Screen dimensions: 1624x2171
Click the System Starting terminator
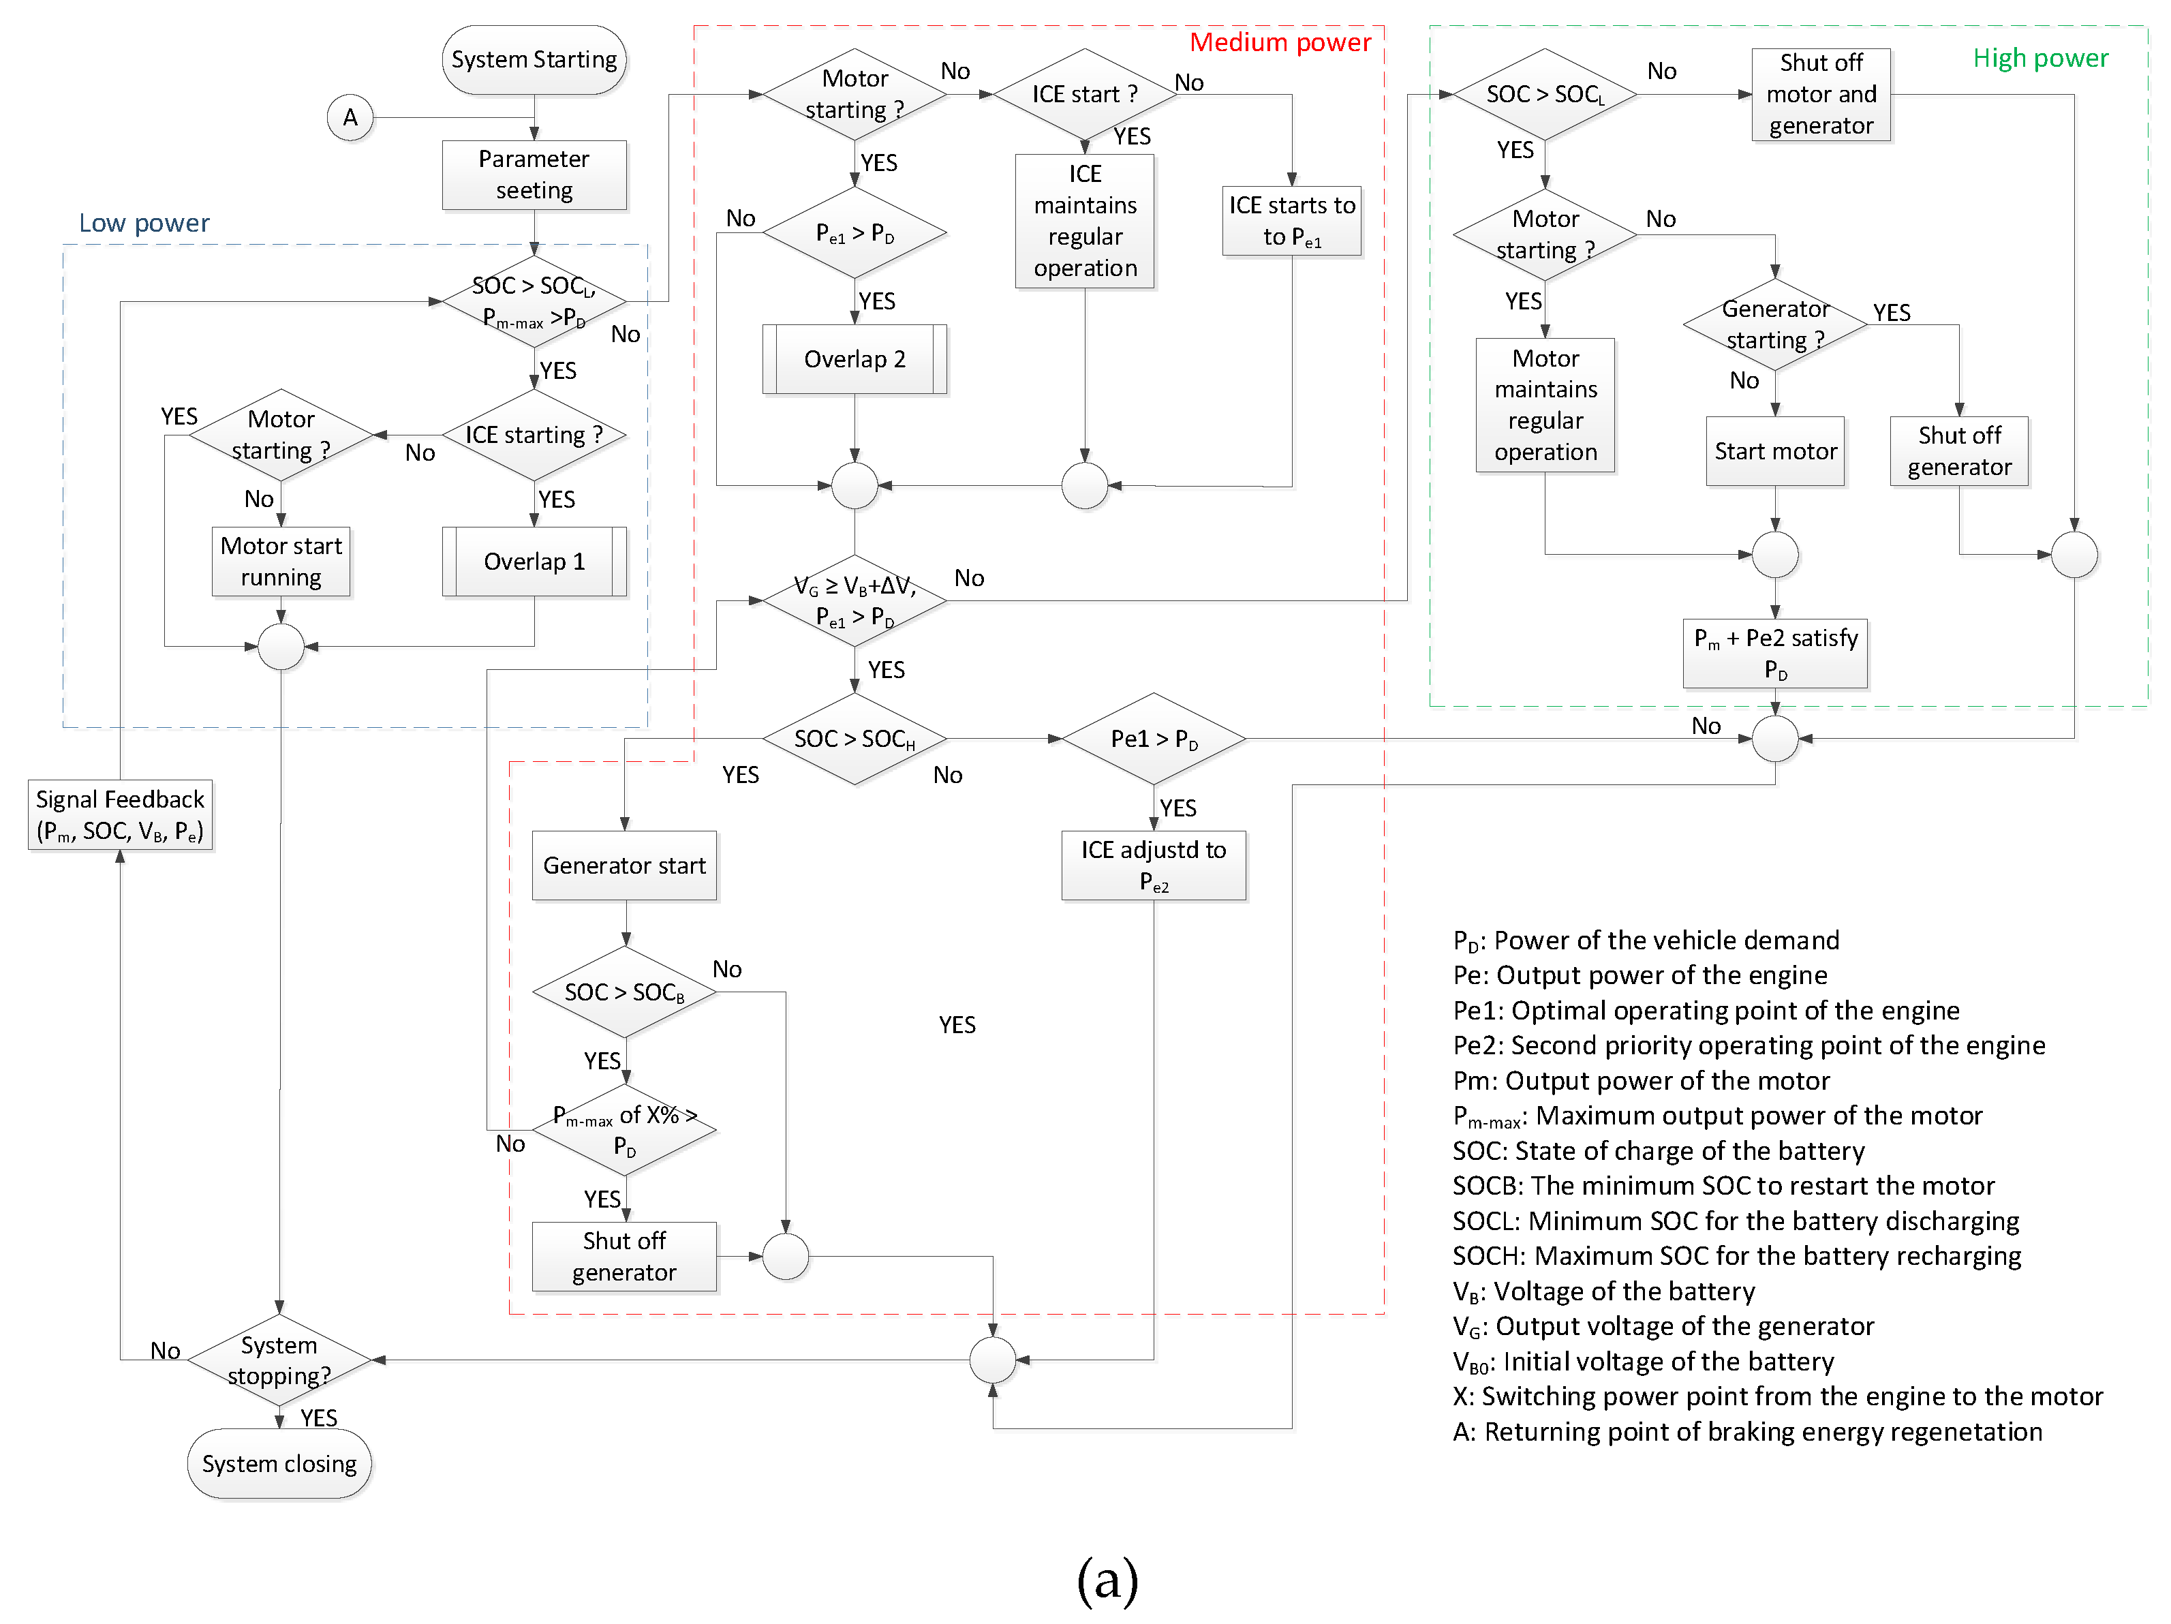pyautogui.click(x=534, y=60)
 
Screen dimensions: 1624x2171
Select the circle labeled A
pyautogui.click(x=350, y=118)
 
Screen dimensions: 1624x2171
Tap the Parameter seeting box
pyautogui.click(x=534, y=174)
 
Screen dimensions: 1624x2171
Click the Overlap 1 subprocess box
pyautogui.click(x=534, y=562)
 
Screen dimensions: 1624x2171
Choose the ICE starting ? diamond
pyautogui.click(x=534, y=435)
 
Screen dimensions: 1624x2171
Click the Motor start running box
pyautogui.click(x=281, y=562)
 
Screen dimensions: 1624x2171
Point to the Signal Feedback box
pyautogui.click(x=120, y=815)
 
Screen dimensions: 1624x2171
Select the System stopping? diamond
pyautogui.click(x=279, y=1360)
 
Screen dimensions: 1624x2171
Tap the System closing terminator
pyautogui.click(x=279, y=1463)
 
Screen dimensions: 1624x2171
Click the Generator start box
pyautogui.click(x=624, y=865)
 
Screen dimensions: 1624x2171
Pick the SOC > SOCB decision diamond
pyautogui.click(x=624, y=992)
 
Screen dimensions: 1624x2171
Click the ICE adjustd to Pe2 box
pyautogui.click(x=1153, y=865)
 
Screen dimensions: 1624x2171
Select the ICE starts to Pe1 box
pyautogui.click(x=1291, y=221)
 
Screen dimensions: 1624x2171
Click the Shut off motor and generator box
pyautogui.click(x=1821, y=94)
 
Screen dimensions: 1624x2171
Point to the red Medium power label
pyautogui.click(x=1280, y=42)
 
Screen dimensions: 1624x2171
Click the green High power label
pyautogui.click(x=2039, y=59)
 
